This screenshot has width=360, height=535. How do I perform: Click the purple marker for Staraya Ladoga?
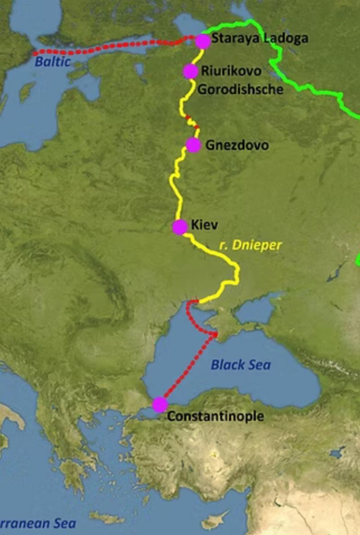[203, 41]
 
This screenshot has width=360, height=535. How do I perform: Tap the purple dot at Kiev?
[180, 227]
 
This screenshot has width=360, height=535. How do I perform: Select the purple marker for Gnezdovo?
[193, 145]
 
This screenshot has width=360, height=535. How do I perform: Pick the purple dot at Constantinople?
[160, 404]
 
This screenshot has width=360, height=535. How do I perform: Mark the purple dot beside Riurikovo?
[190, 71]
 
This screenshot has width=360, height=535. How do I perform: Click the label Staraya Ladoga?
[260, 38]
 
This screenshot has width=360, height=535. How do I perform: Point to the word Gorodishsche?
[240, 89]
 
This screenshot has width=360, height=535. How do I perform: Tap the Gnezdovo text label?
[237, 145]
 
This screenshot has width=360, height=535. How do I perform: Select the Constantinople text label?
[215, 416]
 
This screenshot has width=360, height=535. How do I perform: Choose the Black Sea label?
[241, 364]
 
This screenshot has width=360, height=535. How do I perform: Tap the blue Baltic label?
[53, 62]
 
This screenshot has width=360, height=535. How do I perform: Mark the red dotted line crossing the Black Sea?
[189, 367]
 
